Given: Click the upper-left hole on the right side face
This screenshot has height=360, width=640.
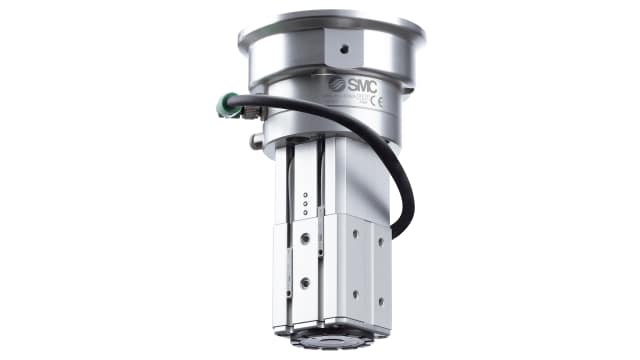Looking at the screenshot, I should click(x=354, y=232).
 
